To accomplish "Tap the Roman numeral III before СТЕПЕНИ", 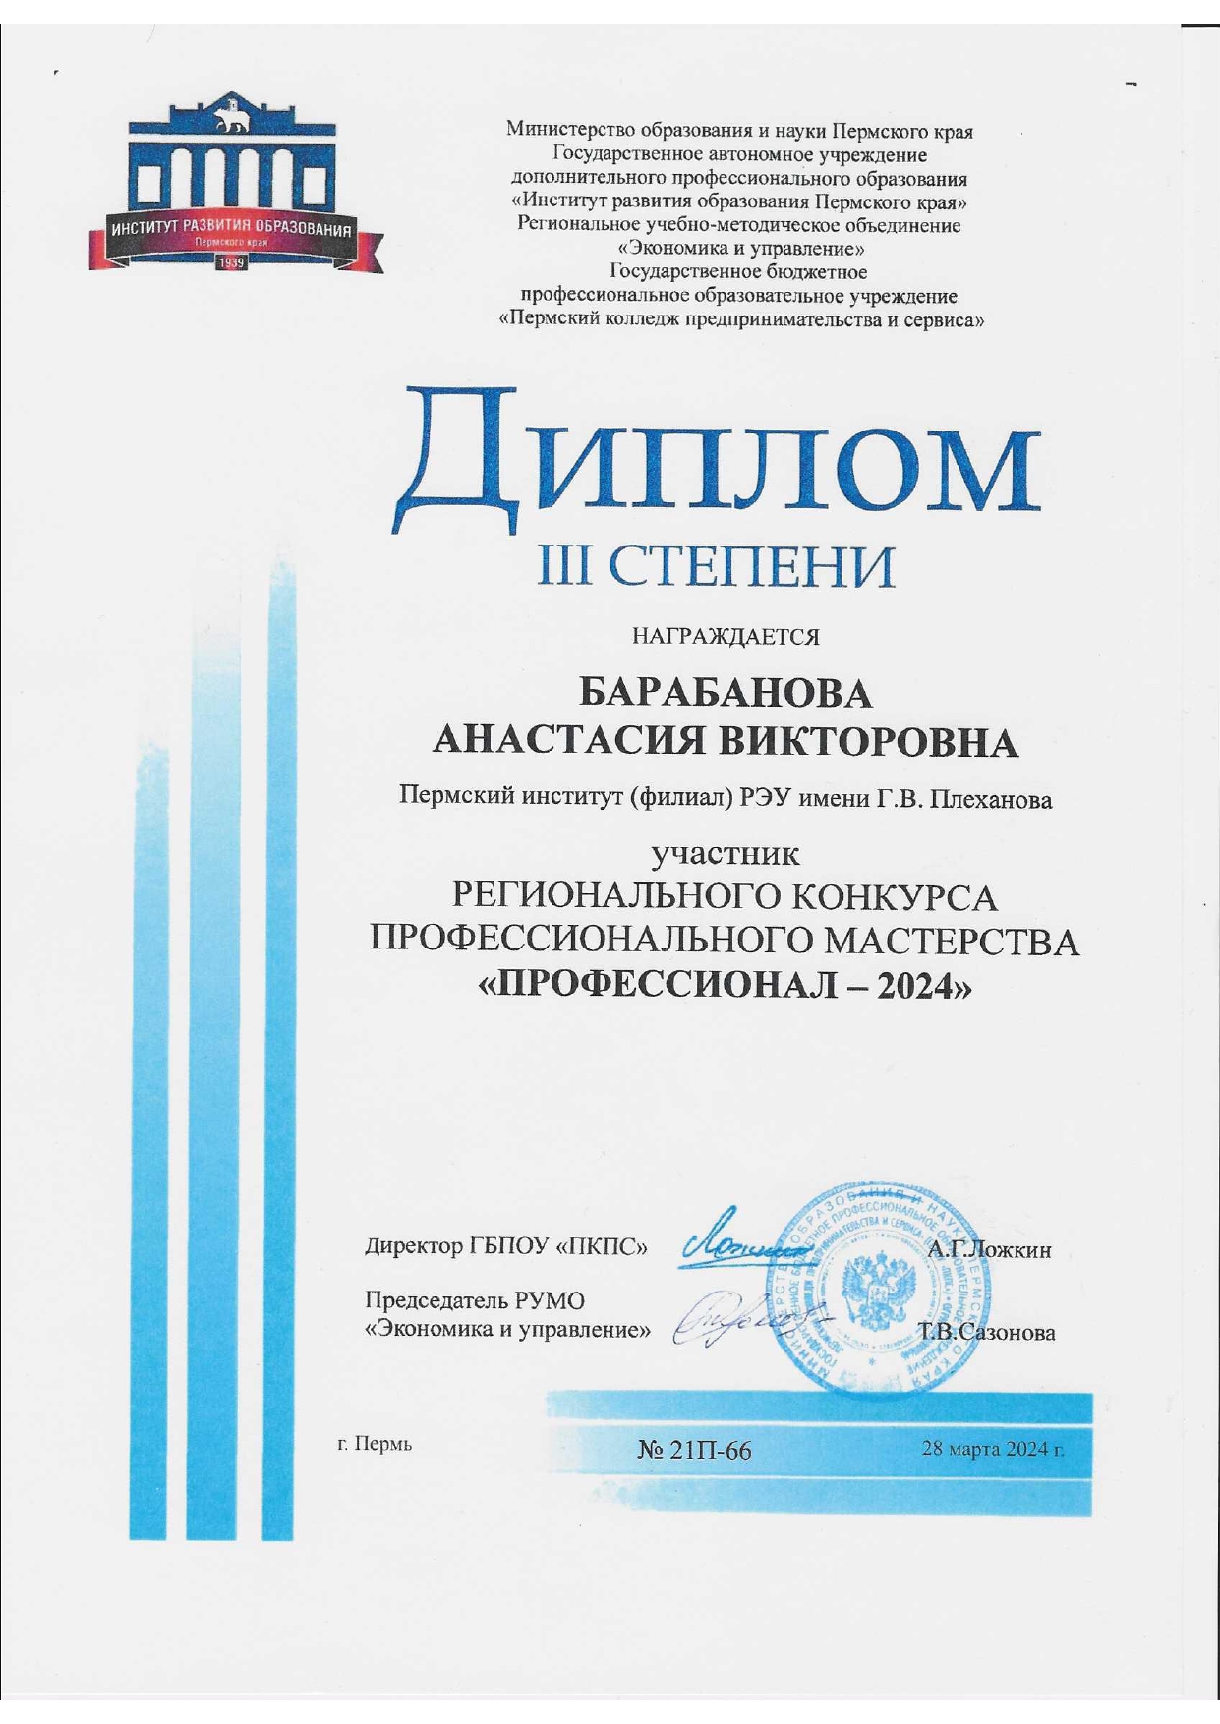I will point(560,566).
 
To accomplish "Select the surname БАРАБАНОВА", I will point(725,694).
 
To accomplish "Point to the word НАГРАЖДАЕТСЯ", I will point(725,637).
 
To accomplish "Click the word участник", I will point(726,852).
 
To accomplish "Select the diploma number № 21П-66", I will point(695,1450).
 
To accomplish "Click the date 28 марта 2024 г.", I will point(992,1448).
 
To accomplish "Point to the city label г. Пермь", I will point(375,1444).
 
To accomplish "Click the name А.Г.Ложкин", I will point(989,1250).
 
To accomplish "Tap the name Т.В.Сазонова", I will point(987,1333).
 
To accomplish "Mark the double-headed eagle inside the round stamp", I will point(879,1291).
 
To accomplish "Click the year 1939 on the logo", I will point(231,263).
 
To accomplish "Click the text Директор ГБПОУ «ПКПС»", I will point(506,1247).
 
